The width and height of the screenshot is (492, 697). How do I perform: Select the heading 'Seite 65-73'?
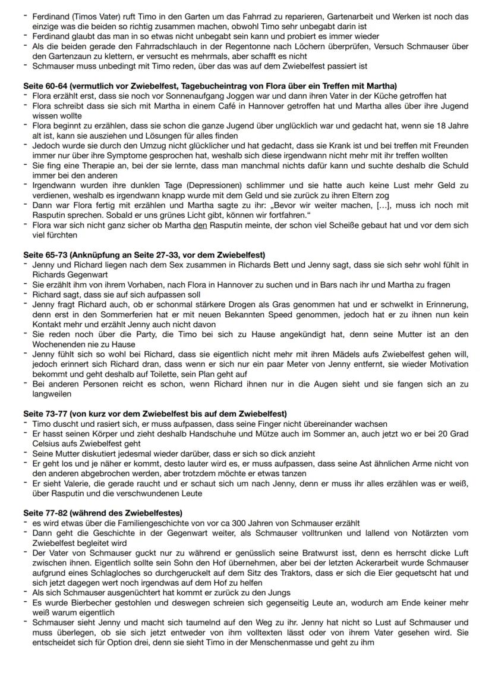click(48, 255)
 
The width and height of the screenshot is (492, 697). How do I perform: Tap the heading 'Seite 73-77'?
click(48, 414)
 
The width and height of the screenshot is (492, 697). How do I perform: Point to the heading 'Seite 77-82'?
click(48, 512)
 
